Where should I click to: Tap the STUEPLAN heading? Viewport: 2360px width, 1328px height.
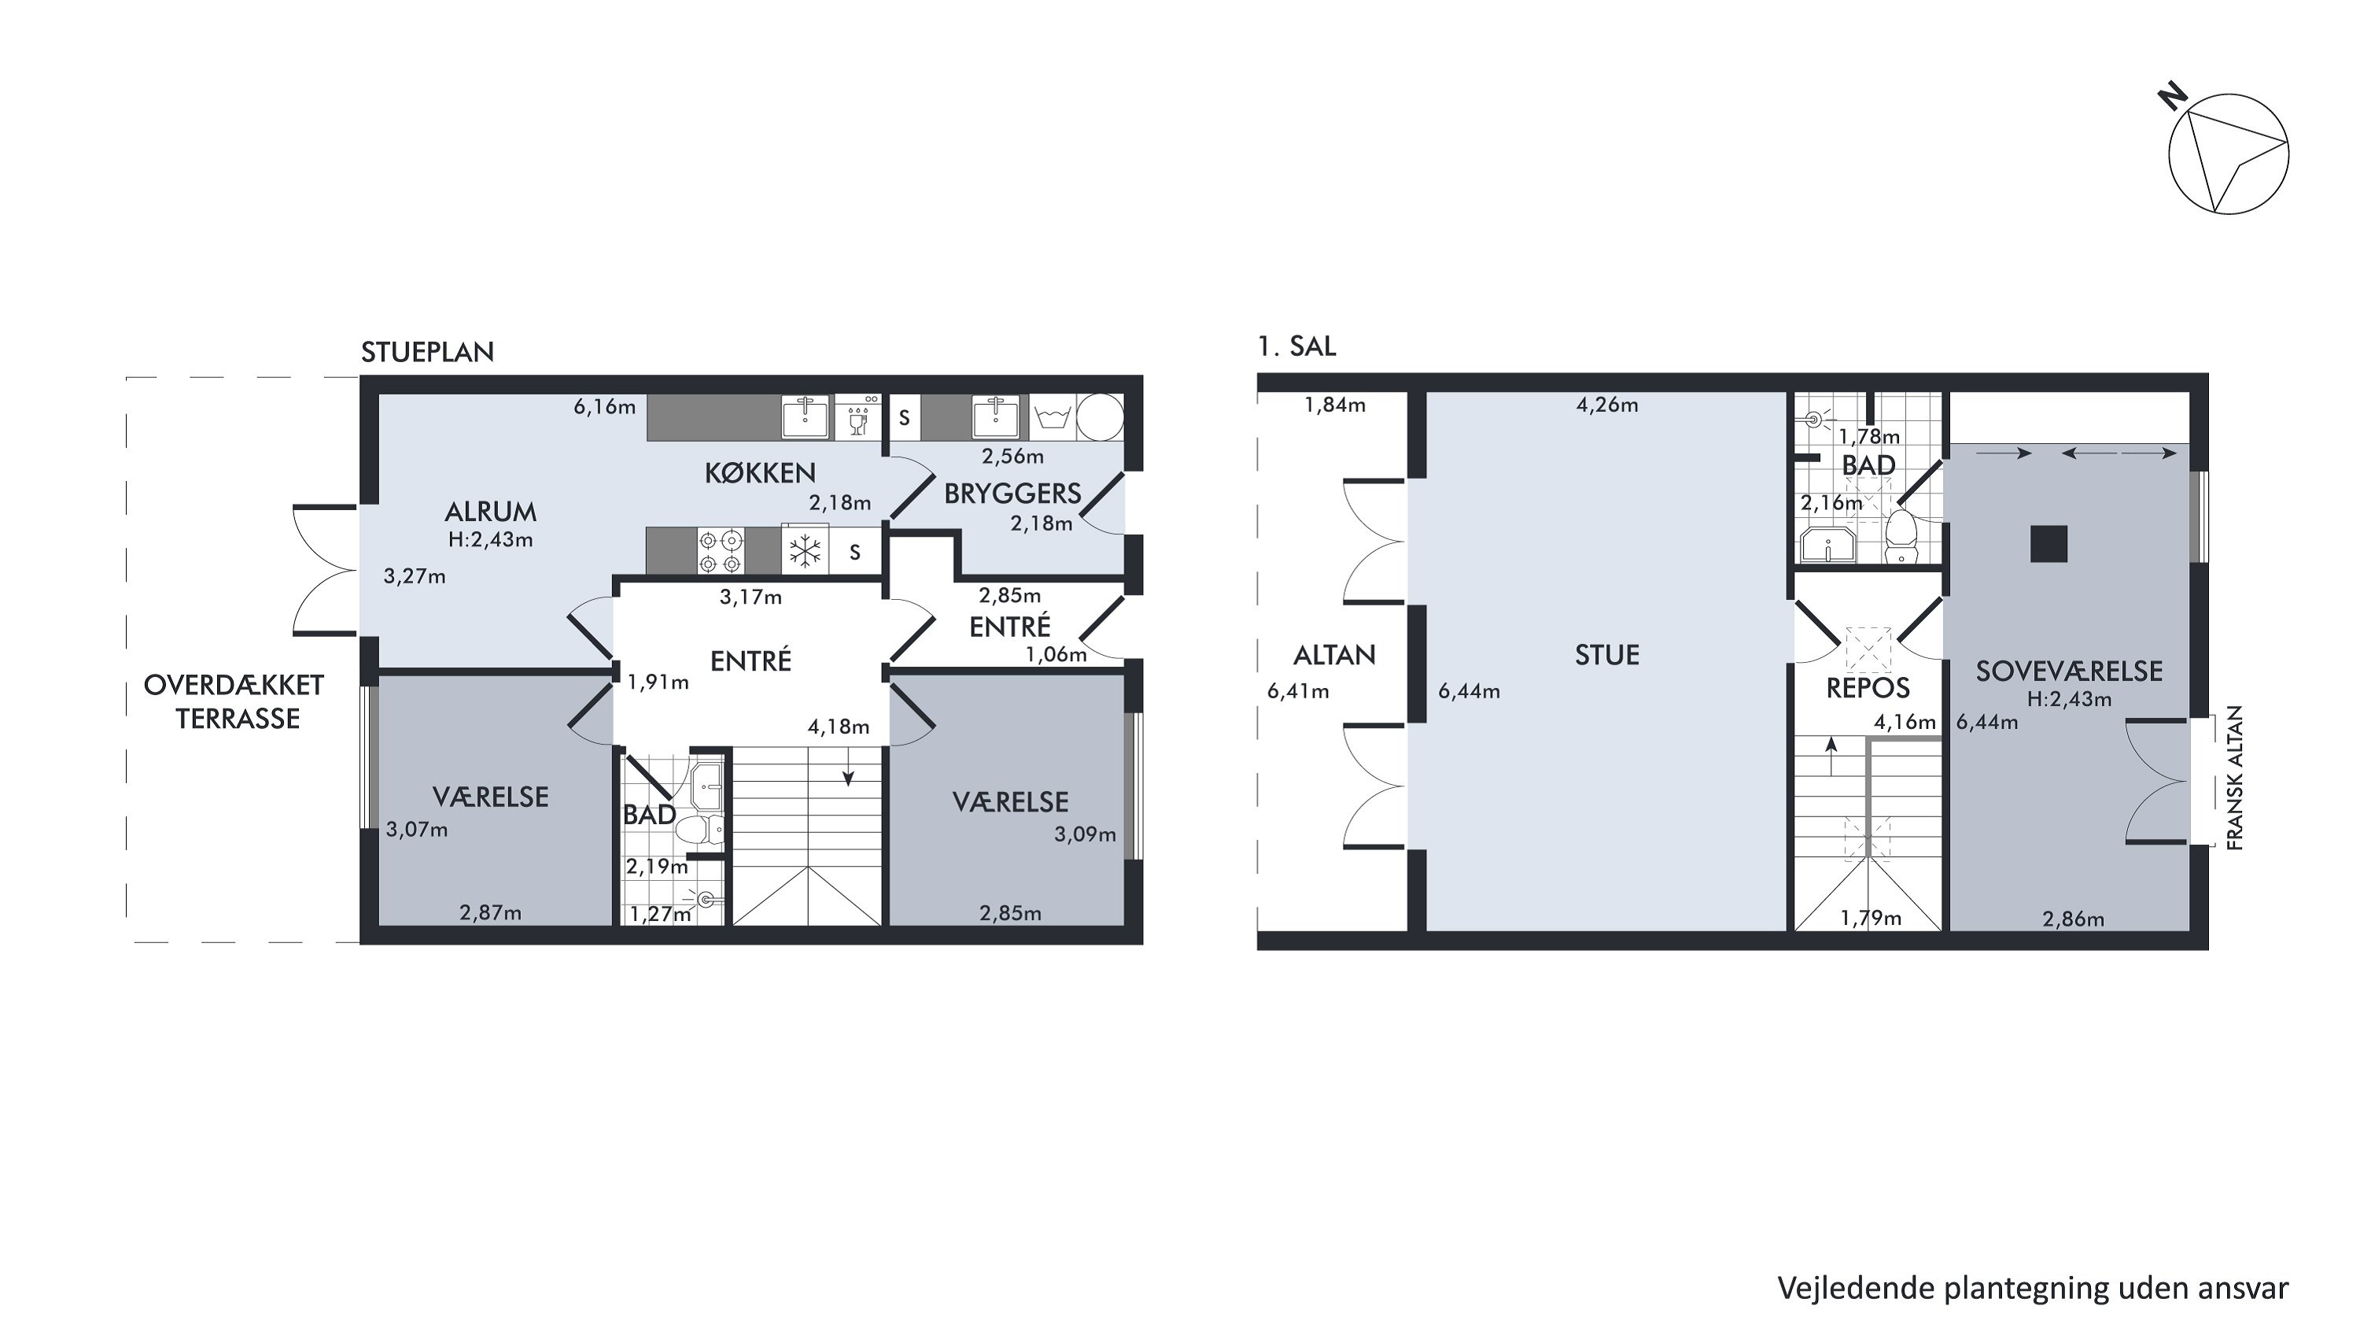pyautogui.click(x=427, y=353)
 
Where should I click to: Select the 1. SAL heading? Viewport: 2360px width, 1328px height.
pyautogui.click(x=1296, y=346)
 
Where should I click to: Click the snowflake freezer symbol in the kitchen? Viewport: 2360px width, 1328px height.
pyautogui.click(x=806, y=552)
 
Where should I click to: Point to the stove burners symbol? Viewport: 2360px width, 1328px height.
pyautogui.click(x=720, y=552)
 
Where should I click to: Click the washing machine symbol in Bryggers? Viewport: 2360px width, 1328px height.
pyautogui.click(x=1052, y=418)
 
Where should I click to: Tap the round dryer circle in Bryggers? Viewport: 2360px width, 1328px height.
pyautogui.click(x=1100, y=418)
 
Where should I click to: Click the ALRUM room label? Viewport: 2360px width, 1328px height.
pyautogui.click(x=490, y=512)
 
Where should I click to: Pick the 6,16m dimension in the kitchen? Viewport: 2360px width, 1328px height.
pyautogui.click(x=605, y=407)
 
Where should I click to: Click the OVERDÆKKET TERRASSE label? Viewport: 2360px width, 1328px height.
pyautogui.click(x=235, y=702)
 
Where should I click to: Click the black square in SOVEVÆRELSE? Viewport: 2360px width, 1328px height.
pyautogui.click(x=2048, y=543)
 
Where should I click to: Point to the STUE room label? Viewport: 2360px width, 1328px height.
pyautogui.click(x=1607, y=655)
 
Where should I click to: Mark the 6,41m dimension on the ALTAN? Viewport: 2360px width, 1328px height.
pyautogui.click(x=1298, y=692)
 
